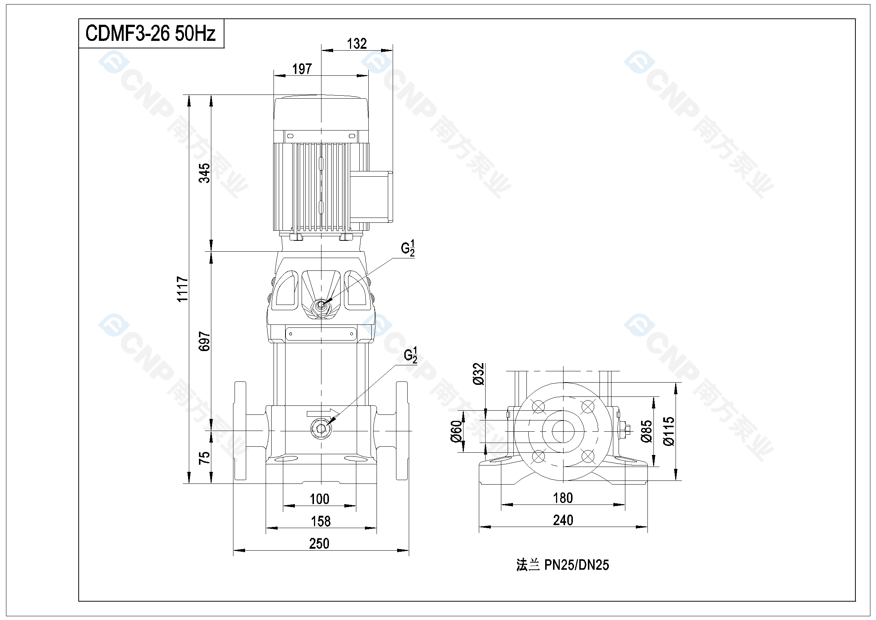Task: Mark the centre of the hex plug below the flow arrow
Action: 321,428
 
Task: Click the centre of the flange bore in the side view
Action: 563,431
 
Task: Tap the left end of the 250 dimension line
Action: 233,551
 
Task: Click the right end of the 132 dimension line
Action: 393,50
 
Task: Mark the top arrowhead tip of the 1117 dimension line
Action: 189,95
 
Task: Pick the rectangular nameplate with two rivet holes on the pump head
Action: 321,334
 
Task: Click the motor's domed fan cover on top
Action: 321,113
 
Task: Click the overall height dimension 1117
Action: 183,289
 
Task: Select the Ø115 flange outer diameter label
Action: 669,431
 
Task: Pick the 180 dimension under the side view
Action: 563,498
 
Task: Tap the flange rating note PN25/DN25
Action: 577,564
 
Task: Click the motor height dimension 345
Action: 205,173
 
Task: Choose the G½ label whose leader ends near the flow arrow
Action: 411,355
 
